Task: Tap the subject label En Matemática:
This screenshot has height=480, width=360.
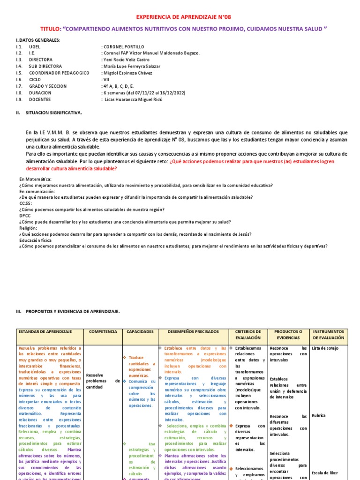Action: click(35, 179)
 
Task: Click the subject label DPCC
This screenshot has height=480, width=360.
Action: click(25, 216)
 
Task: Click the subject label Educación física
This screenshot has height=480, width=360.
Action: click(36, 240)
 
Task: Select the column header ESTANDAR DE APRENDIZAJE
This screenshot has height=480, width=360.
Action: click(45, 331)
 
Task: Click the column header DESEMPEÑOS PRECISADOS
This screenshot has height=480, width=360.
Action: click(193, 331)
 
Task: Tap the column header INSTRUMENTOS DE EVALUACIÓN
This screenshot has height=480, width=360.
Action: click(328, 334)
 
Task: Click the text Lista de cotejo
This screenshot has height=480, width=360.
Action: click(325, 348)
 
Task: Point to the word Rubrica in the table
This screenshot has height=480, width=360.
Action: click(318, 415)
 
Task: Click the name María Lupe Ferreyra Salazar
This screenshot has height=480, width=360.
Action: click(131, 67)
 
